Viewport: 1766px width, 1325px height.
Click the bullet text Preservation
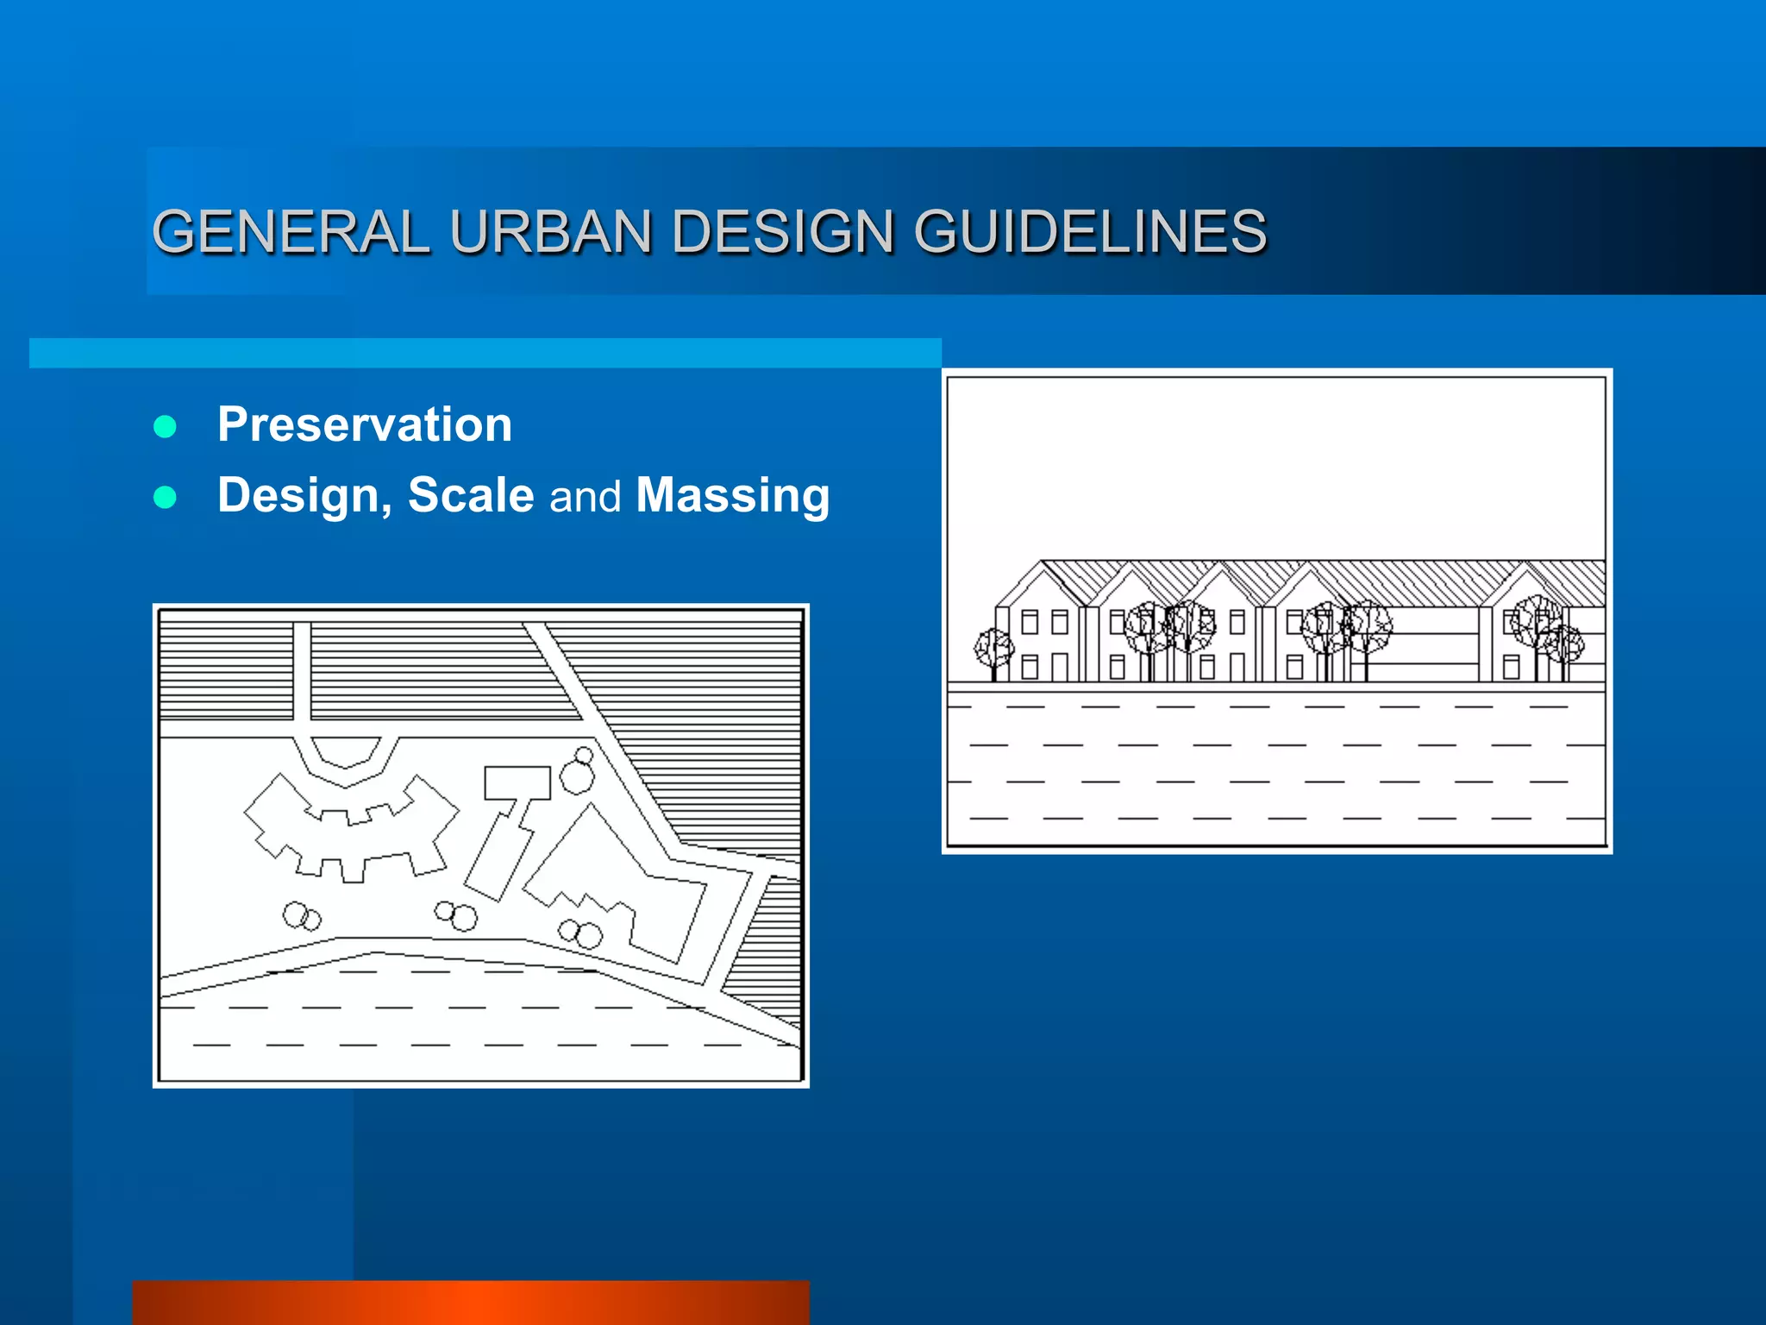click(365, 424)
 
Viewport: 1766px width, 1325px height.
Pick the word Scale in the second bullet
click(471, 495)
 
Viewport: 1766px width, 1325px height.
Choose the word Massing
click(732, 495)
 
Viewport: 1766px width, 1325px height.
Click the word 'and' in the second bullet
click(585, 497)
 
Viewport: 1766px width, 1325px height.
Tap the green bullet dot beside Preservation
click(165, 426)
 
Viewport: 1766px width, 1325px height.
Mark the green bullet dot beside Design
click(165, 497)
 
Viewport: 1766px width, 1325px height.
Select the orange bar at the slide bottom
click(471, 1303)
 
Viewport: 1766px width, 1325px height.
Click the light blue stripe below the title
click(485, 353)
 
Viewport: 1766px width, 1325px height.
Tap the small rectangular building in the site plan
click(517, 782)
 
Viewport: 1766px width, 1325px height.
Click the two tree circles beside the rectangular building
click(578, 770)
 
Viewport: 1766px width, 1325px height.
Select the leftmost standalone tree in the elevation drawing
click(993, 649)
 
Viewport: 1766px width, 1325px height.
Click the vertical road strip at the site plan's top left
click(302, 671)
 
